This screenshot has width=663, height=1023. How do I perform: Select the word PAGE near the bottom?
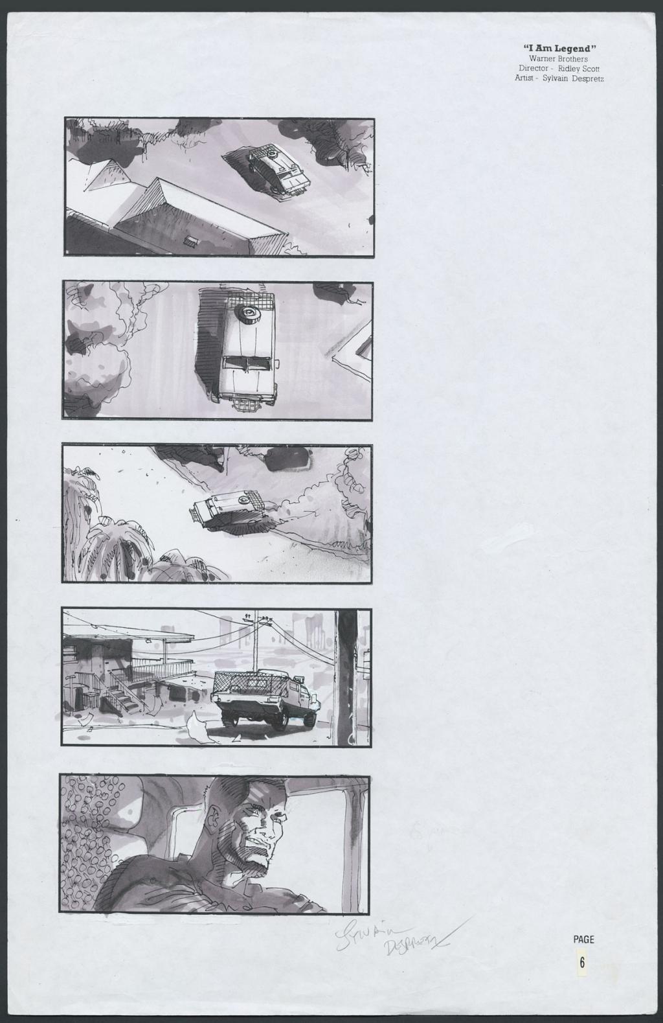[583, 939]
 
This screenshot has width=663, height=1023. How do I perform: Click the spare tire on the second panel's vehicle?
[249, 315]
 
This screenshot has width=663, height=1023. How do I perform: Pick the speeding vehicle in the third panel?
[227, 509]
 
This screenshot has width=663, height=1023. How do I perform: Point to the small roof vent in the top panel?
[191, 241]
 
